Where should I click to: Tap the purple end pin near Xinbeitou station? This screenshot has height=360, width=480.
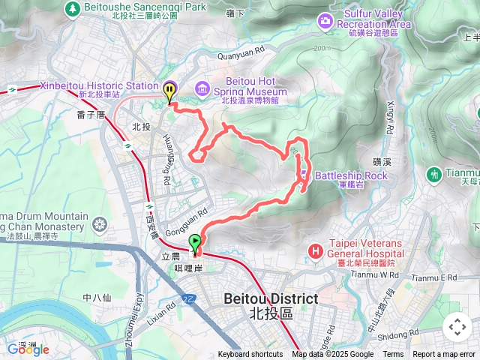170,91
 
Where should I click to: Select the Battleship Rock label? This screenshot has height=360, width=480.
351,175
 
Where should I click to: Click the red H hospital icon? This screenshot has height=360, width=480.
315,249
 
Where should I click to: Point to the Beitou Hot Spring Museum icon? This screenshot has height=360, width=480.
202,89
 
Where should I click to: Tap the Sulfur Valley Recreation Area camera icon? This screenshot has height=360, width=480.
324,19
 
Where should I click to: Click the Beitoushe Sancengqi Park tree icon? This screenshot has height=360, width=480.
73,9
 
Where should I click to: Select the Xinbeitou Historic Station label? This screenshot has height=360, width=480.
100,86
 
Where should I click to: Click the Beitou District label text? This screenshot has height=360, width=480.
271,298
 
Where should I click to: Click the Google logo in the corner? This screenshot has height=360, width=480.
28,349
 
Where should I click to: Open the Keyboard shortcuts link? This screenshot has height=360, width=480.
250,355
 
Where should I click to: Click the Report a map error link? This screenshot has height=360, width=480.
444,355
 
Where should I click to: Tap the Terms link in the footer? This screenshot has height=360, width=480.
393,355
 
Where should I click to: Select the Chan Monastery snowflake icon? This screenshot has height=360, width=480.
99,223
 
